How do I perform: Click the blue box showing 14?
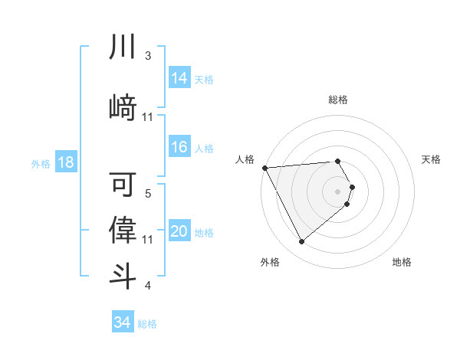pos(179,78)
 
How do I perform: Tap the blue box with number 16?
pos(179,148)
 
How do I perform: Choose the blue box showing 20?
pos(179,232)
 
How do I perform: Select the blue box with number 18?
pos(65,163)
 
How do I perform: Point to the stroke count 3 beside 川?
pos(147,56)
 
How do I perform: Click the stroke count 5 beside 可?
pos(147,194)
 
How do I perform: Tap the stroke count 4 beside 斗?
pos(147,286)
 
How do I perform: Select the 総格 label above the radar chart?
pos(338,100)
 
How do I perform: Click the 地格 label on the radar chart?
pos(402,263)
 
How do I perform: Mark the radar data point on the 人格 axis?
pos(264,168)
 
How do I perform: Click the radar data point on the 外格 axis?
pos(301,242)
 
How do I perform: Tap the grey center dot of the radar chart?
pos(338,191)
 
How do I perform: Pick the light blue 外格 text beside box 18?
pos(40,164)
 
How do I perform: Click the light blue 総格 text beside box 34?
pos(147,323)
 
